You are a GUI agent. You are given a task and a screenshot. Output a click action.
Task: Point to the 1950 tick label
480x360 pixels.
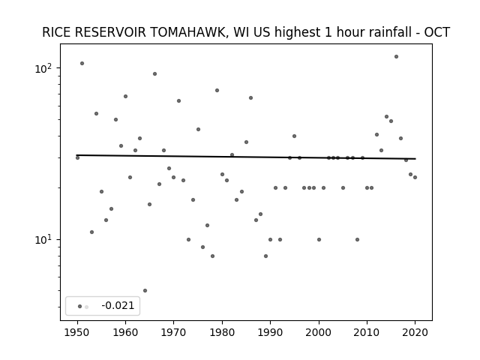(x=77, y=332)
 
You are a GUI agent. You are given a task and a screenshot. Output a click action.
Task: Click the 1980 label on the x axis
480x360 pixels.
(x=222, y=332)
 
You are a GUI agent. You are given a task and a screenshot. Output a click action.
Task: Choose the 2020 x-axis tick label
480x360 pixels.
(x=415, y=332)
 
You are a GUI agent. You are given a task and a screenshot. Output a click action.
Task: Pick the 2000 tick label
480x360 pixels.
(x=319, y=332)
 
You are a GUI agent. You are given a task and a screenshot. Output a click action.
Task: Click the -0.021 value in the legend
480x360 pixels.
(x=118, y=305)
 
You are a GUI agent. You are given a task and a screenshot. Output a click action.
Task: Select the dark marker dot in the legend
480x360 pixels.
(x=79, y=307)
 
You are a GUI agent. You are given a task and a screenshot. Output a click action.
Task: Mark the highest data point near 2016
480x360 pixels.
(x=396, y=57)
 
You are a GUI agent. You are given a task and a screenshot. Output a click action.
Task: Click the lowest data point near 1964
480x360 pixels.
(x=145, y=290)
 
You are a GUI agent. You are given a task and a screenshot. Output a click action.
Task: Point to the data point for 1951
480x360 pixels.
(x=82, y=63)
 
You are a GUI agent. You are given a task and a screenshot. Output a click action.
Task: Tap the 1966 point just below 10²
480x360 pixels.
(x=155, y=73)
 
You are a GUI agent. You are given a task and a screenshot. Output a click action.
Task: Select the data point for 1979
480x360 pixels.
(x=217, y=90)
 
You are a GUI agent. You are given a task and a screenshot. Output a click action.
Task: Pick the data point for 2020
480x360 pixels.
(x=415, y=177)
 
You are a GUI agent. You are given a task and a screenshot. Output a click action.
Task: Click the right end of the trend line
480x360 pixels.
(x=415, y=158)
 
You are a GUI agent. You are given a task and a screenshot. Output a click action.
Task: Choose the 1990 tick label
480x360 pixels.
(x=270, y=332)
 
